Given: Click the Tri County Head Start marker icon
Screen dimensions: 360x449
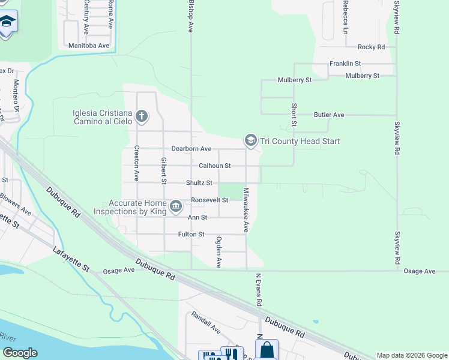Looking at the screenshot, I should (x=250, y=140).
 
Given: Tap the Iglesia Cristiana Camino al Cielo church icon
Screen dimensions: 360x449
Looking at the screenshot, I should (x=142, y=116).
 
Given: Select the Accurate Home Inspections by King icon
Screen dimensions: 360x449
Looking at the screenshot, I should (x=176, y=207).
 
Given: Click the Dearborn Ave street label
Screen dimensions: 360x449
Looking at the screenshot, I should (x=191, y=149).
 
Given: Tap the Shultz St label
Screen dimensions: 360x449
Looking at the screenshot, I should (x=199, y=182).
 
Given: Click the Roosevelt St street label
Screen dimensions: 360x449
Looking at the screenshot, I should (x=208, y=200).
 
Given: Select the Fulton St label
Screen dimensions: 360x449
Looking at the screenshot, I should (x=191, y=234).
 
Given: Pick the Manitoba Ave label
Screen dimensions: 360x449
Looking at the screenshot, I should (x=89, y=46).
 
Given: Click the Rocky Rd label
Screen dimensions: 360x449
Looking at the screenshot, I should (x=371, y=47).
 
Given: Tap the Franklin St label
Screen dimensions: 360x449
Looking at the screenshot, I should (x=345, y=63).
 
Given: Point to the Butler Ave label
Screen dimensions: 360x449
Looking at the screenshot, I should (x=329, y=115).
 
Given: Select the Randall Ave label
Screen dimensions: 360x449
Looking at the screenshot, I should (x=206, y=322).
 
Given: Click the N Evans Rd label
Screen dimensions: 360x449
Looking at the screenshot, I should (x=259, y=290).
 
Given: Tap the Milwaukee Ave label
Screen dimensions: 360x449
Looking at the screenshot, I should (x=246, y=209).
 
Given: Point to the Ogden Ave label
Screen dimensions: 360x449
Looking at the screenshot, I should (x=219, y=252).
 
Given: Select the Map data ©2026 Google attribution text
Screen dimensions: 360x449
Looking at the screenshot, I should (x=411, y=355).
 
